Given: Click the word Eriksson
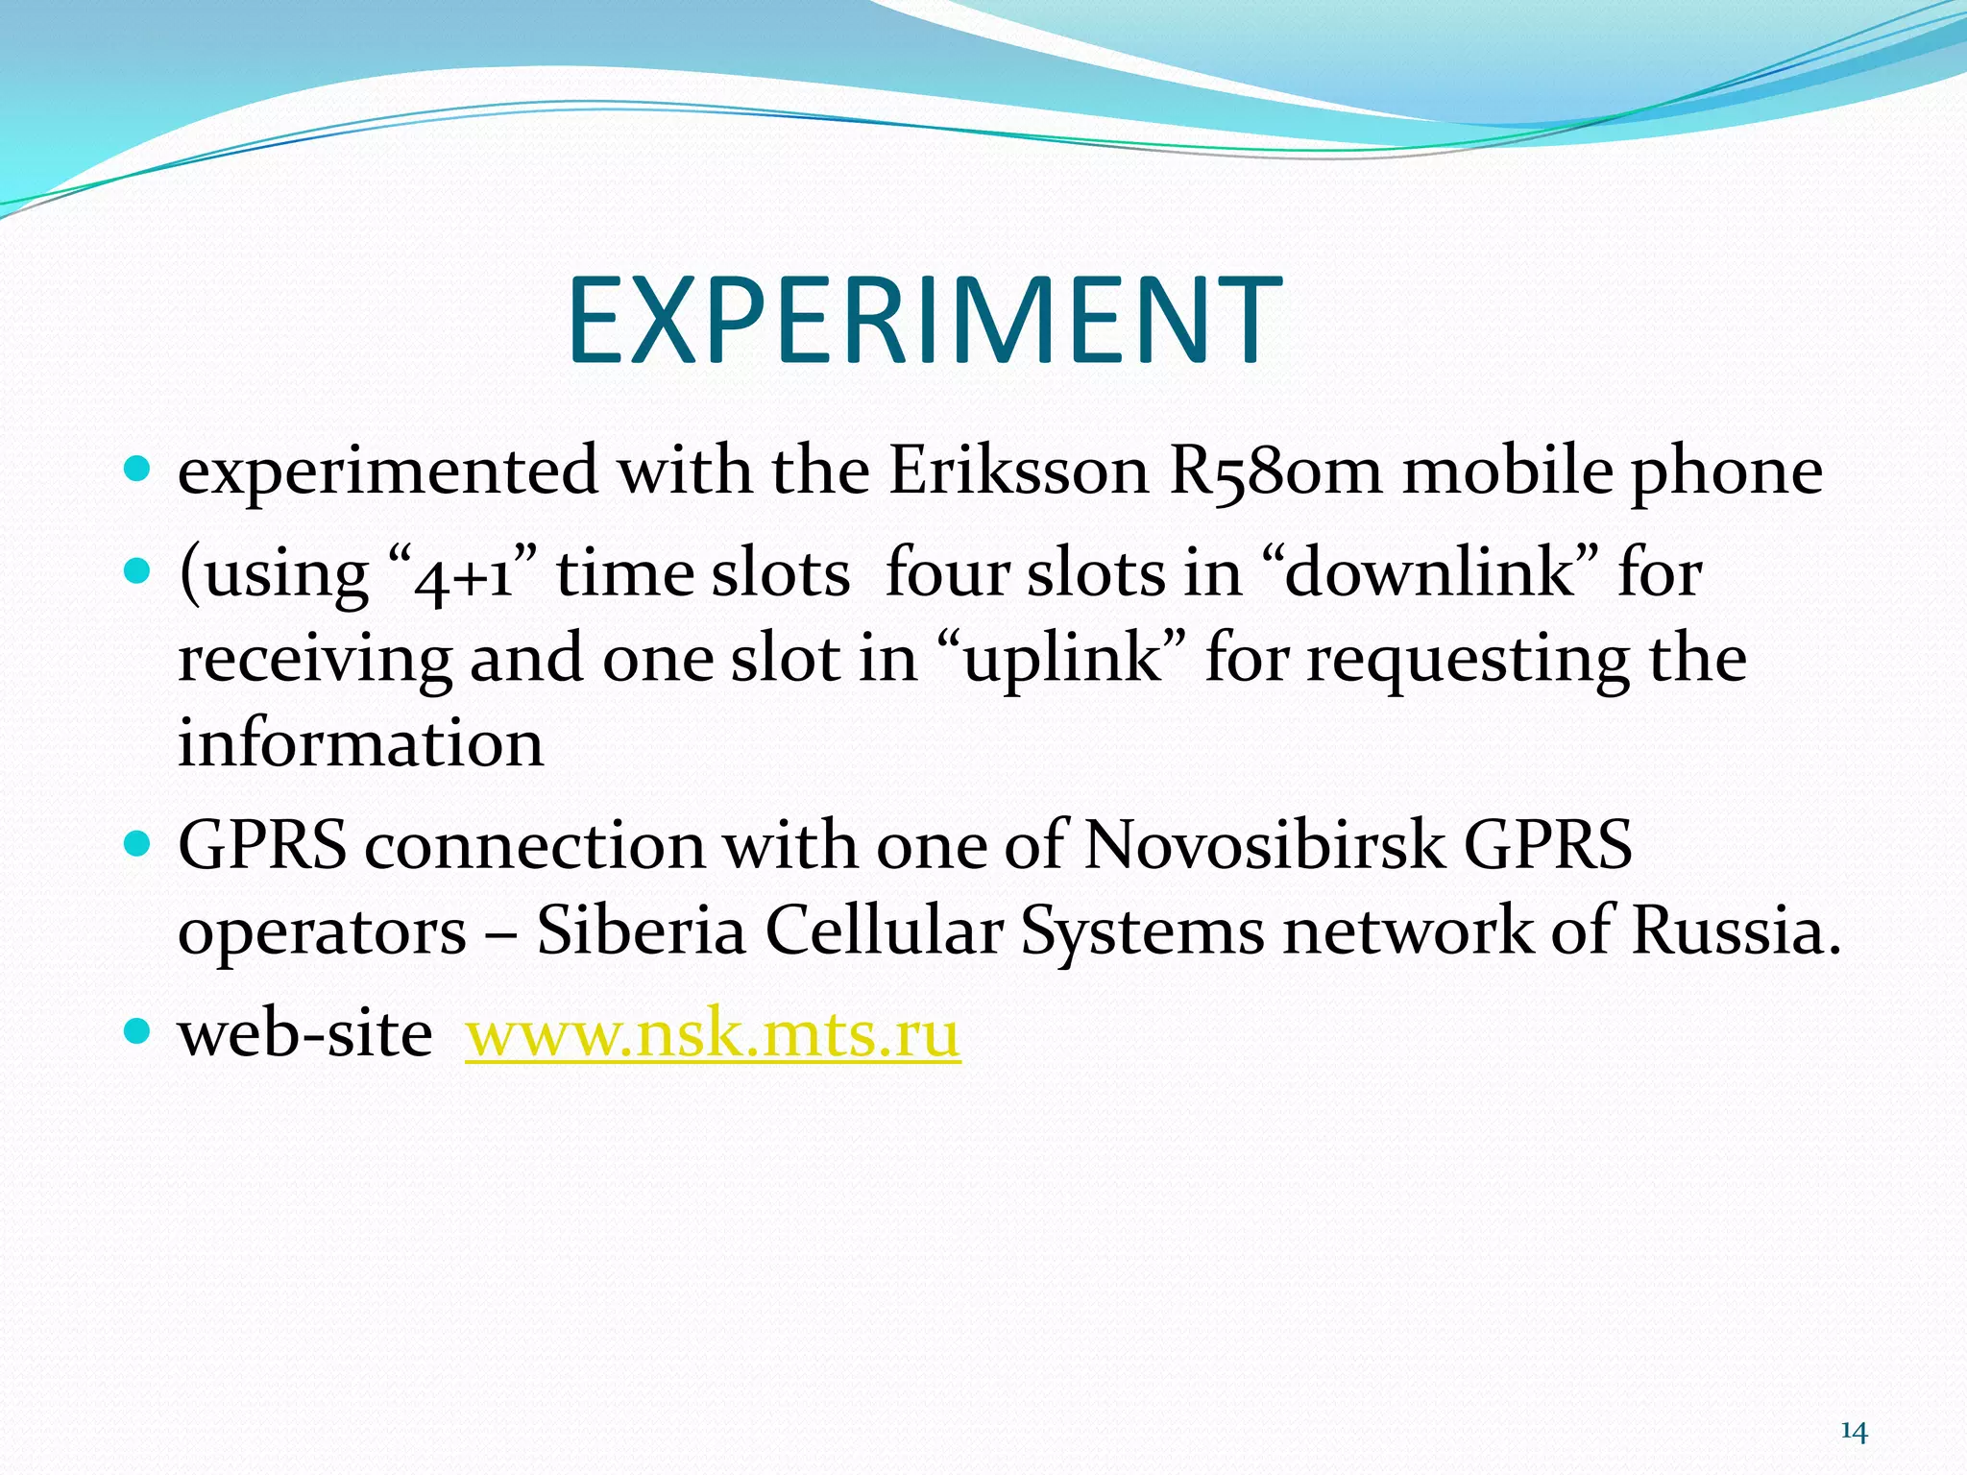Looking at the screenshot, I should point(1018,472).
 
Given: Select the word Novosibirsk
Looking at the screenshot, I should point(1264,845).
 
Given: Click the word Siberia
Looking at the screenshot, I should point(641,931).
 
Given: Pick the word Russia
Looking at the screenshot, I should point(1736,931).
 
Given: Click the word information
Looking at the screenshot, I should point(360,743).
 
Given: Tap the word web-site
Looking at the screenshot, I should point(304,1034).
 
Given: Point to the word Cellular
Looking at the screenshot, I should point(884,931).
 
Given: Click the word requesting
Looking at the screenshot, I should point(1467,661).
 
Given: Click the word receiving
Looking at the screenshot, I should point(314,661).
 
